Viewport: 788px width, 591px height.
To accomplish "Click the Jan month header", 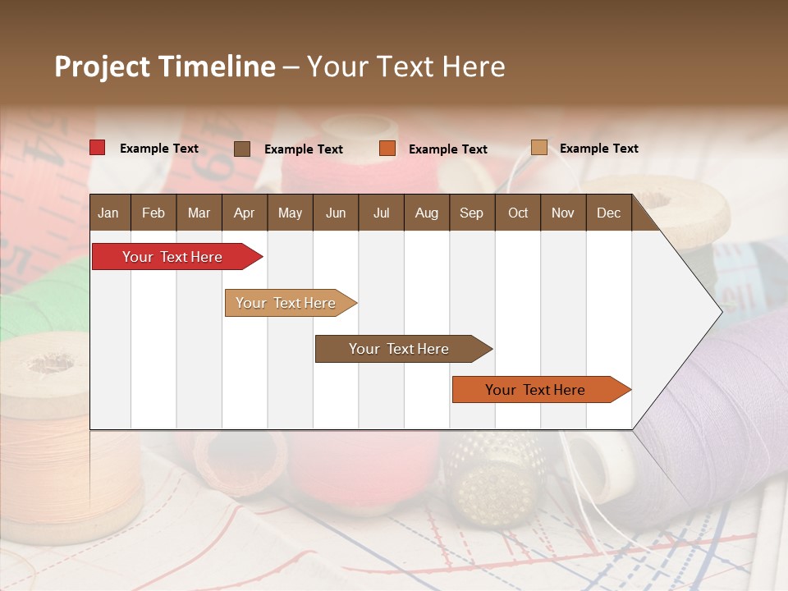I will click(x=108, y=213).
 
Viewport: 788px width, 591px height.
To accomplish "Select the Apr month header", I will click(x=244, y=213).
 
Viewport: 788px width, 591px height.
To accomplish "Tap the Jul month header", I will click(x=381, y=213).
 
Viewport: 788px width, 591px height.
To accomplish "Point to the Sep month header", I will click(x=471, y=213).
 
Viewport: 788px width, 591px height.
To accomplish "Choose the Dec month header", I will click(x=608, y=213).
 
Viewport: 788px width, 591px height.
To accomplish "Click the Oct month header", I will click(x=518, y=213).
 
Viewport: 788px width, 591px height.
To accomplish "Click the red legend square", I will click(x=97, y=148).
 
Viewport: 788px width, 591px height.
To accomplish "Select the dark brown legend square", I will click(x=242, y=149).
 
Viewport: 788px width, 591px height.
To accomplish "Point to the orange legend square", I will click(x=387, y=149).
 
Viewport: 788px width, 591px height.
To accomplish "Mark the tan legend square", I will click(x=538, y=148).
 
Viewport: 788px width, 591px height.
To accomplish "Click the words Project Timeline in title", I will click(x=164, y=66).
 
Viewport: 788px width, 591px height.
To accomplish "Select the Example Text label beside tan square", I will click(x=598, y=149).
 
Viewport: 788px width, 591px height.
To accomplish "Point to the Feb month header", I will click(x=153, y=213).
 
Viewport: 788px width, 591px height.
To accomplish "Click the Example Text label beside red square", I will click(x=158, y=149).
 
